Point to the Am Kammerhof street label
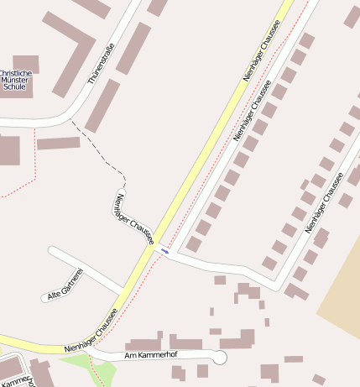click(x=151, y=355)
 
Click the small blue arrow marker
click(x=164, y=250)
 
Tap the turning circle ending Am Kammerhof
click(x=220, y=358)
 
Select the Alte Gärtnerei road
click(x=92, y=270)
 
